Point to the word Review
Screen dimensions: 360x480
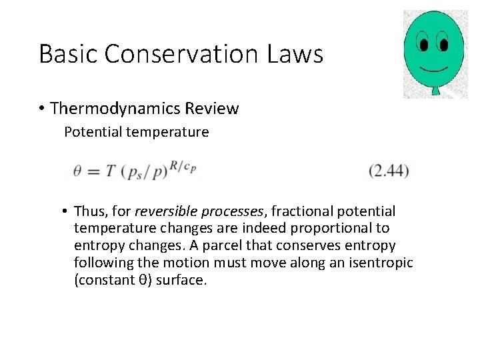[x=214, y=108]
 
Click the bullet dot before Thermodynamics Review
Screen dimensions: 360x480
[x=42, y=109]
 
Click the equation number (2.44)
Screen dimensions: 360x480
[x=389, y=171]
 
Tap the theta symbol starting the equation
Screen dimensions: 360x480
[x=77, y=171]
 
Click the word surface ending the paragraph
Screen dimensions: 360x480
[x=181, y=280]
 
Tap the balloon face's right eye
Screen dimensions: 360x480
[x=442, y=44]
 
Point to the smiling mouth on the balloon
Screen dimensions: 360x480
[x=433, y=69]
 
